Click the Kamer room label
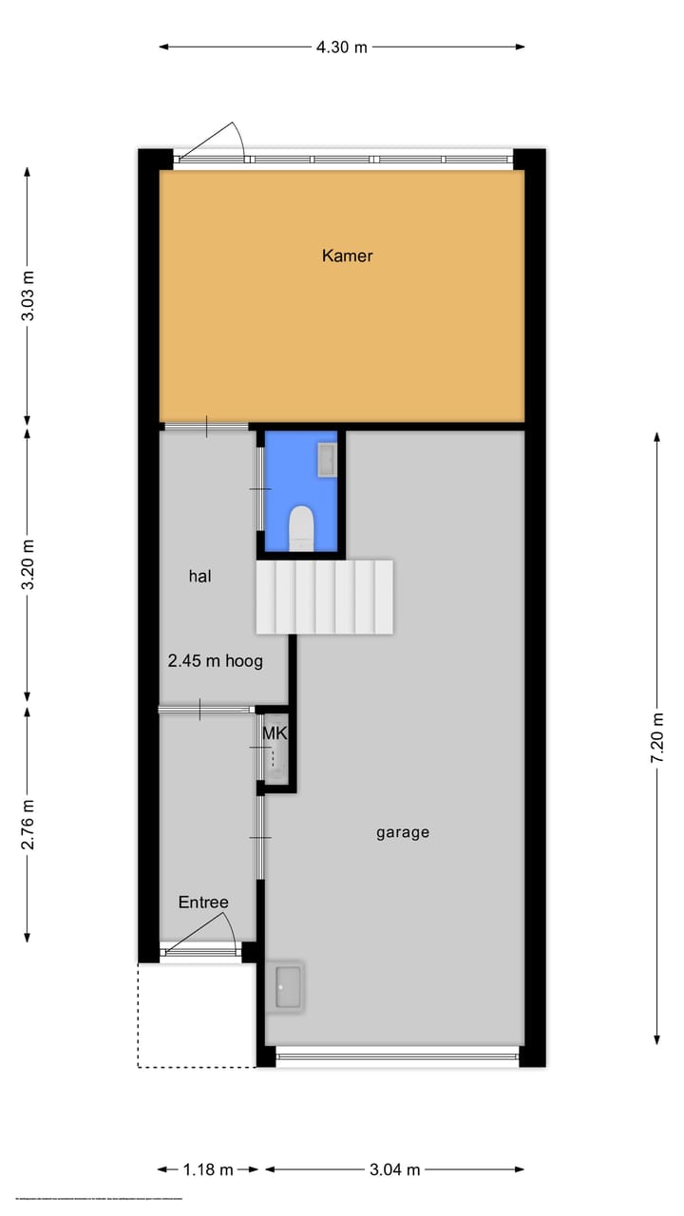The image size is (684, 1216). tap(347, 256)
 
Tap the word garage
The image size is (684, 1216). tap(403, 832)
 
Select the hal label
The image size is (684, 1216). tap(199, 576)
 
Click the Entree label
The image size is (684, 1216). tap(203, 902)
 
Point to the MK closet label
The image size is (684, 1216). tap(274, 733)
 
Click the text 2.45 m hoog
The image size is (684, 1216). tap(215, 661)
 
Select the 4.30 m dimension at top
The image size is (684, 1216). tap(341, 47)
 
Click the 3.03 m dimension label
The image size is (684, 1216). tap(28, 295)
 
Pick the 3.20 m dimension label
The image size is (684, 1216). tap(28, 564)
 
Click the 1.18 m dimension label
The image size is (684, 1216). tap(208, 1170)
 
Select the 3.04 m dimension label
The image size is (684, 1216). tap(394, 1170)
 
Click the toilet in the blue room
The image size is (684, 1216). tap(301, 527)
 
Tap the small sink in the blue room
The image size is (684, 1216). tap(327, 461)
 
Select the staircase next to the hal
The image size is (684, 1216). tap(324, 597)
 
